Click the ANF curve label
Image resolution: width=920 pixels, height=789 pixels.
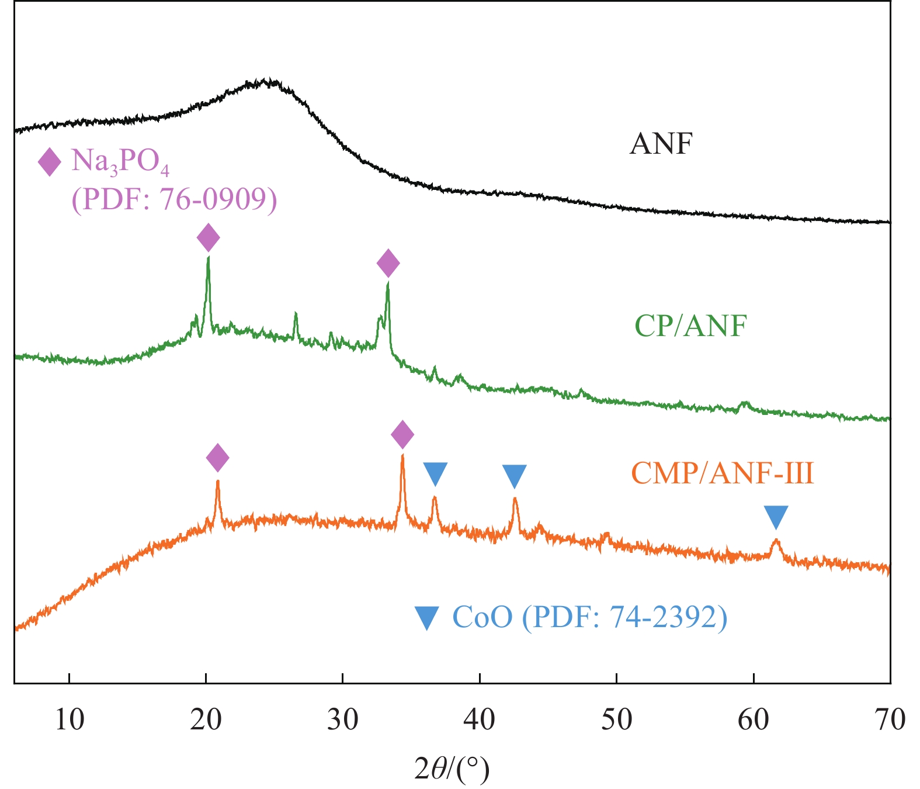pyautogui.click(x=661, y=143)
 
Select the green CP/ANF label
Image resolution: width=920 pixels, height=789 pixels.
pyautogui.click(x=690, y=326)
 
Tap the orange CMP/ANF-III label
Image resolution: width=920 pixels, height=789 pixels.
pyautogui.click(x=723, y=473)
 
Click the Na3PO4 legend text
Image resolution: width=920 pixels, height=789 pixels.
pyautogui.click(x=120, y=161)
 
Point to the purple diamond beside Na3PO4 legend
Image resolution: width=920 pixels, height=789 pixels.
pyautogui.click(x=50, y=162)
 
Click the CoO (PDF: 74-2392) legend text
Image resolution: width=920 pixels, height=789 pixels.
pyautogui.click(x=590, y=617)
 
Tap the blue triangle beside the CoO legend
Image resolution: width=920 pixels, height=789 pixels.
pyautogui.click(x=426, y=618)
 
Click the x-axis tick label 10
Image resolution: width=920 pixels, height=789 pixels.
pyautogui.click(x=70, y=719)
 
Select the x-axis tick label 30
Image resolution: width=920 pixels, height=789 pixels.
pyautogui.click(x=343, y=719)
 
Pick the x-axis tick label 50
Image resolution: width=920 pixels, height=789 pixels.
pyautogui.click(x=617, y=719)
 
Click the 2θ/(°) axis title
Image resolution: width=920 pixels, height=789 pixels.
pyautogui.click(x=452, y=770)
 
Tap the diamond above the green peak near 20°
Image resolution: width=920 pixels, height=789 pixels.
pyautogui.click(x=208, y=238)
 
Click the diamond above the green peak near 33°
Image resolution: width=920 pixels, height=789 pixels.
pyautogui.click(x=388, y=264)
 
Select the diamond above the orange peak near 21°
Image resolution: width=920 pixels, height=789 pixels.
pyautogui.click(x=218, y=458)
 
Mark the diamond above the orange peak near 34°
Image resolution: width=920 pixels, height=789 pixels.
pyautogui.click(x=402, y=434)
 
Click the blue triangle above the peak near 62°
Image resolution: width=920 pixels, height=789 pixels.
pyautogui.click(x=776, y=517)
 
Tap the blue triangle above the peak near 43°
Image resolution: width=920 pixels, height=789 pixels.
pyautogui.click(x=515, y=475)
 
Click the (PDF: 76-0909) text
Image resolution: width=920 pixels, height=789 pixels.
pyautogui.click(x=174, y=199)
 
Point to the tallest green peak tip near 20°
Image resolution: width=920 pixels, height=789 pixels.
pyautogui.click(x=208, y=258)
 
